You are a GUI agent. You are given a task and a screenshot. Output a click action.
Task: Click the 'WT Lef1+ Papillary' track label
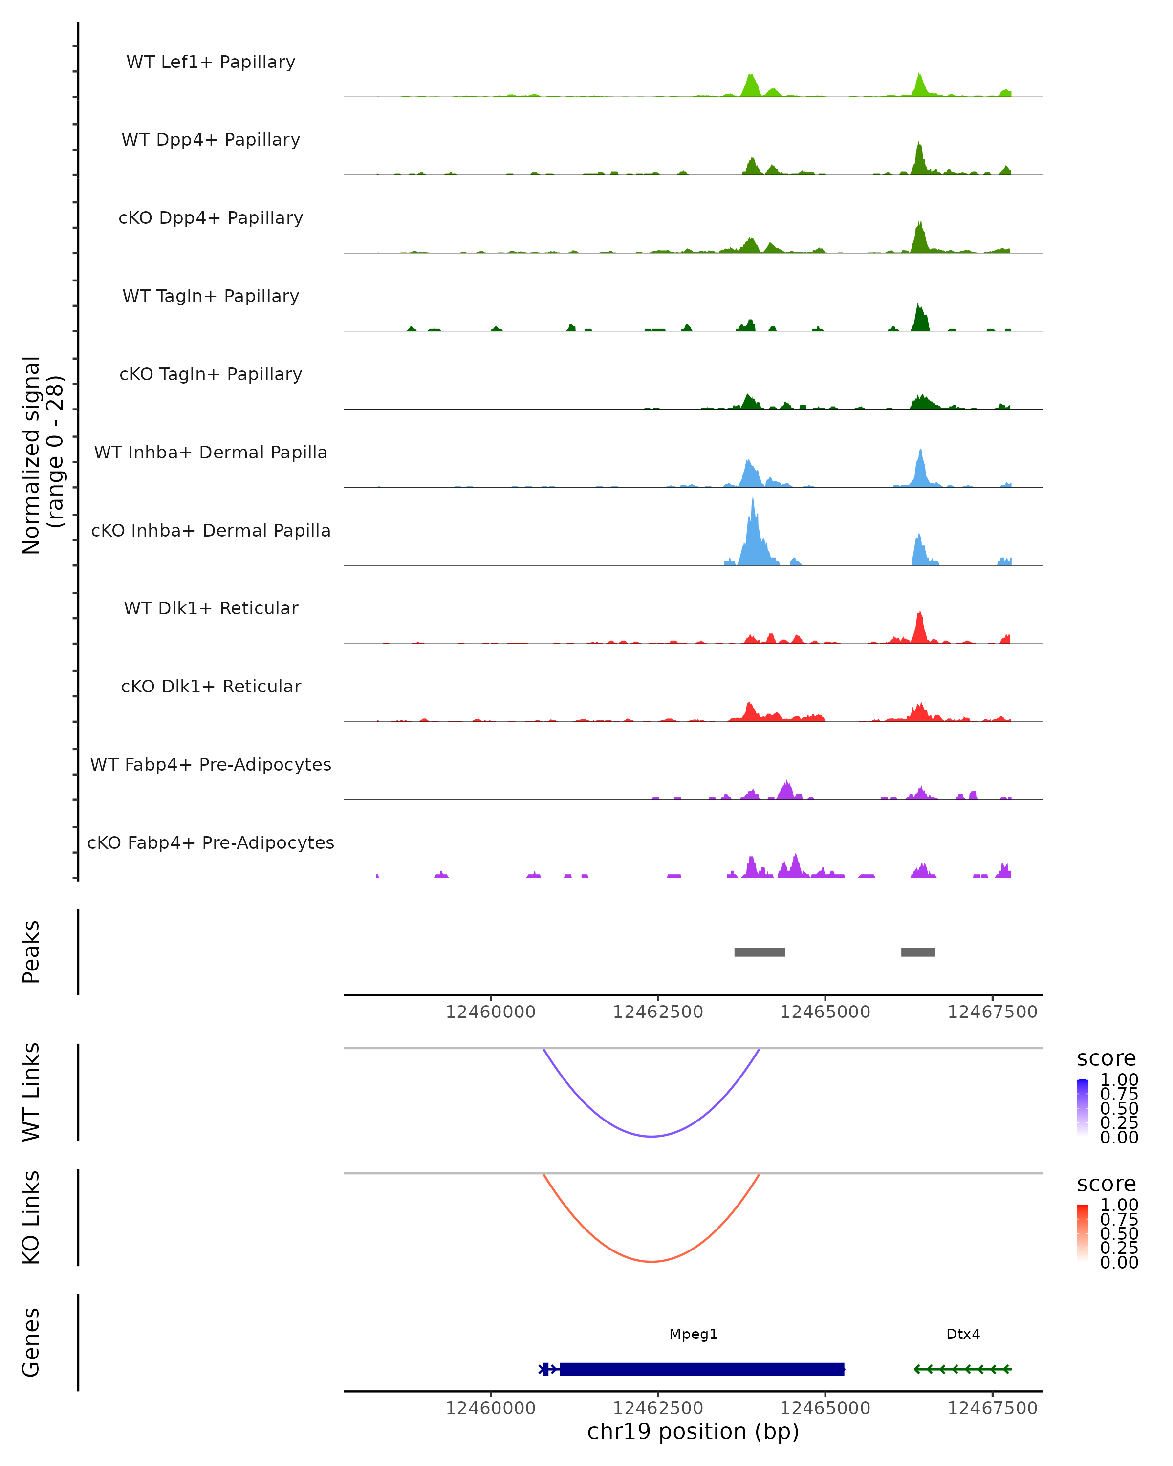coord(211,62)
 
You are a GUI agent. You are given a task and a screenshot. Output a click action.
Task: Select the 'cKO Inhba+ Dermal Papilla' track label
coord(211,530)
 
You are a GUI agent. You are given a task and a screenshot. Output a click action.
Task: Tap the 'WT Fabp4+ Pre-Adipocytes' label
coord(211,764)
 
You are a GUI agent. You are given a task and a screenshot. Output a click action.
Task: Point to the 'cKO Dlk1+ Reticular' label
coord(211,686)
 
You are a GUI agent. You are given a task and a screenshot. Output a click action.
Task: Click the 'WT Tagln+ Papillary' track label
coord(211,296)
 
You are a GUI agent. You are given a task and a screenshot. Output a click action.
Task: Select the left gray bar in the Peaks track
coord(760,952)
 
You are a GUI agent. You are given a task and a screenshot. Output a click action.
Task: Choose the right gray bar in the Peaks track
coord(918,952)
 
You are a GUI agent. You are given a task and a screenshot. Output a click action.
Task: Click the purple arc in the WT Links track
coord(652,1136)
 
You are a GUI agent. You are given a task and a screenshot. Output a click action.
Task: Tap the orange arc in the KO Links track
coord(652,1261)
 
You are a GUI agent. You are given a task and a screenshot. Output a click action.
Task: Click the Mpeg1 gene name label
coord(693,1334)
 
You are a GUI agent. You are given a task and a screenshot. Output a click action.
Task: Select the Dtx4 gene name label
coord(963,1334)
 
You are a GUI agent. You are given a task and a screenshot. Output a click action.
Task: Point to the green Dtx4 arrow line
coord(962,1369)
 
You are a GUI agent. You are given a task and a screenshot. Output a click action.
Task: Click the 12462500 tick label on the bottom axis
coord(657,1408)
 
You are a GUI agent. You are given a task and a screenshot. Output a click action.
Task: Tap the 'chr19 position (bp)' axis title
coord(693,1431)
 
